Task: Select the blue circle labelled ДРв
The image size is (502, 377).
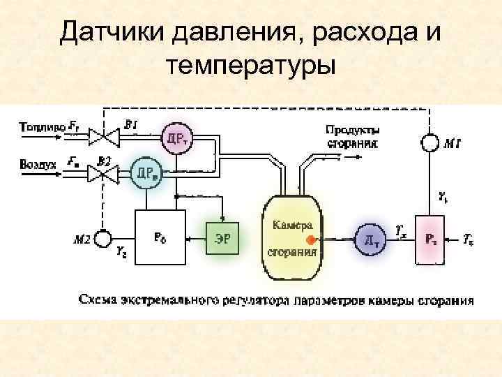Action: [x=146, y=171]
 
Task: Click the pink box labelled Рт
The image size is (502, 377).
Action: [x=432, y=239]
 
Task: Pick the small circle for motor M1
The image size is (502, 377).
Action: [x=429, y=144]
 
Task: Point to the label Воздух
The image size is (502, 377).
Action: [x=40, y=164]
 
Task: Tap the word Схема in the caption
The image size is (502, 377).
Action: [x=98, y=300]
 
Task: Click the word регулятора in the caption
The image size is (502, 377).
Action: [x=257, y=301]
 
